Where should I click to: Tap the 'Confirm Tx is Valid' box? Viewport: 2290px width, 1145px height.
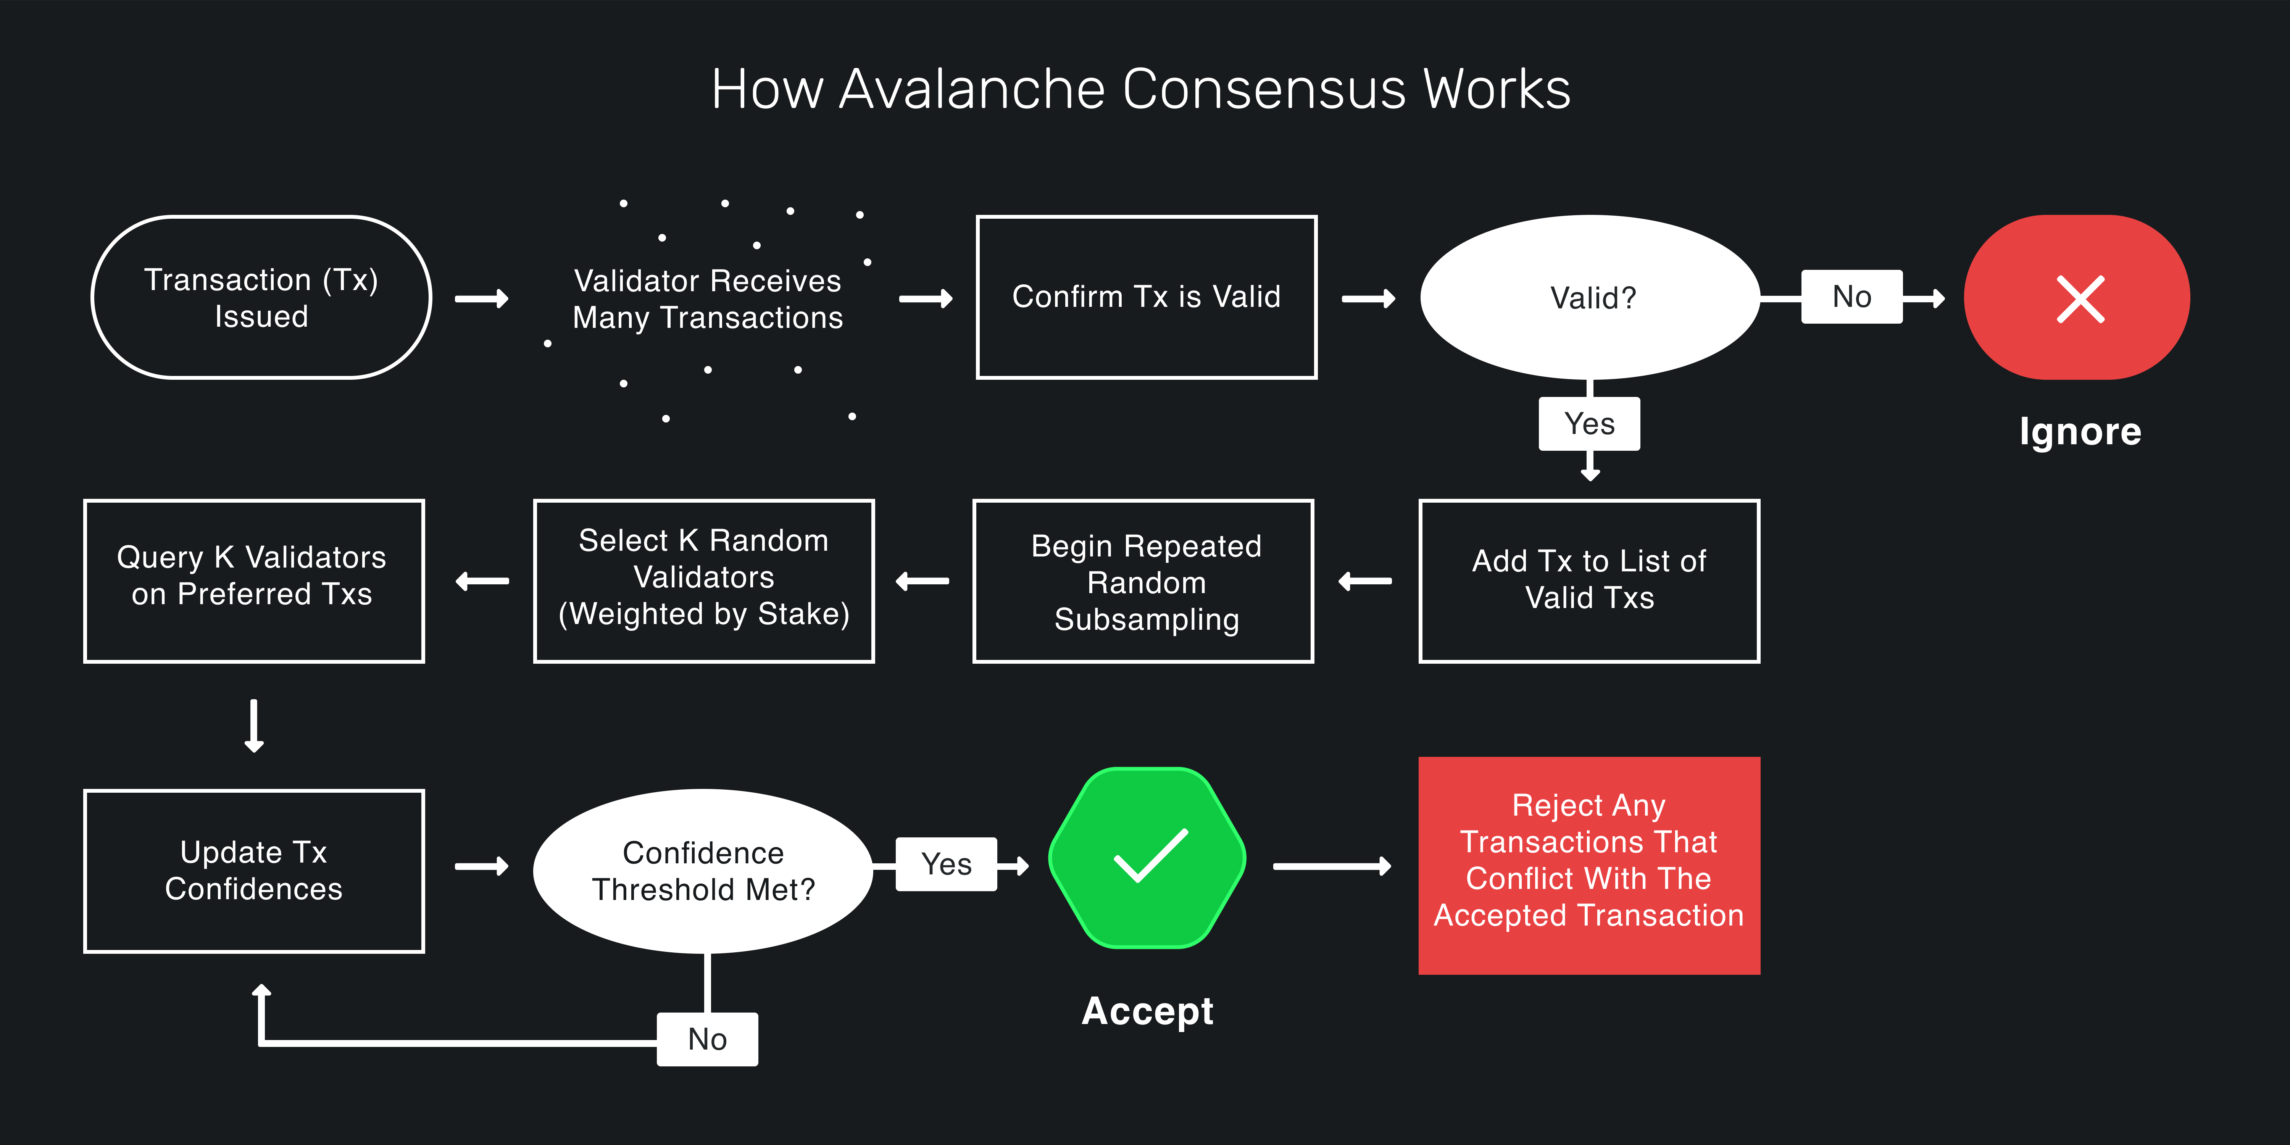(1146, 297)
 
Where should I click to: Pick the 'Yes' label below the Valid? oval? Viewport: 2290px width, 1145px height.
(1590, 424)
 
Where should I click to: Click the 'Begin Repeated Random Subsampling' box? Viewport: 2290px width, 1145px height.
(1144, 581)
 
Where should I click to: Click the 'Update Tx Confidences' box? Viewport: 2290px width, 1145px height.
(253, 870)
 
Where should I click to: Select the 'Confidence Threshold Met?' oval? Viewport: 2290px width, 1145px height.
(703, 870)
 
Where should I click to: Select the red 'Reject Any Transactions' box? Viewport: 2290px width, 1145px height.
(1588, 864)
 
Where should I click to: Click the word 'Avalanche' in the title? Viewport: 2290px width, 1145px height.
(972, 90)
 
